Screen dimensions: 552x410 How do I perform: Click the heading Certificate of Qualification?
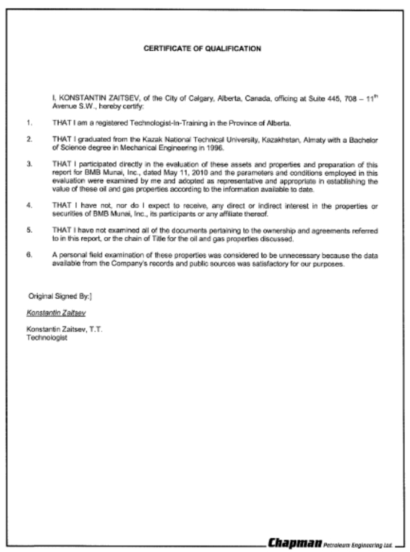point(203,48)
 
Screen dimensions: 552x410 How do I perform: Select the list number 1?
point(29,123)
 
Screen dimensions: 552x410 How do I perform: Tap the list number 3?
point(29,164)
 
